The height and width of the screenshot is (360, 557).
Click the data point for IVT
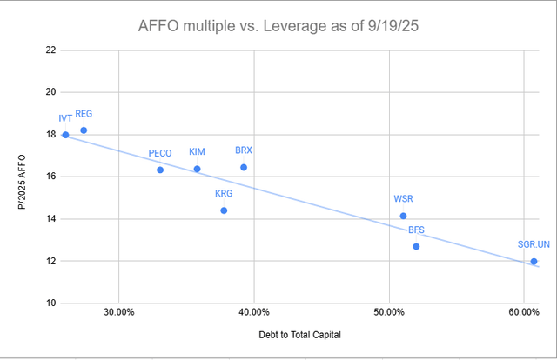click(x=65, y=135)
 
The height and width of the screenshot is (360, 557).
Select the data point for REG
click(x=84, y=130)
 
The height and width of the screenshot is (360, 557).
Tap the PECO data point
click(x=160, y=170)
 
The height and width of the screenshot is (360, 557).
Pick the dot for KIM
click(x=197, y=169)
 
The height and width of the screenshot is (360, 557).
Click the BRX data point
click(x=244, y=167)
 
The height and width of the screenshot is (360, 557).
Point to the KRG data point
click(x=224, y=210)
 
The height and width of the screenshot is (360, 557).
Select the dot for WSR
click(x=403, y=216)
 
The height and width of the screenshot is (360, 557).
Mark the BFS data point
click(x=416, y=246)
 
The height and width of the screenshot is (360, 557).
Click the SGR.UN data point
click(x=534, y=261)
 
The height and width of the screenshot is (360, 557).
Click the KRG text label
click(x=224, y=194)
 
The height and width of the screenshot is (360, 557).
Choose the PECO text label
click(x=160, y=153)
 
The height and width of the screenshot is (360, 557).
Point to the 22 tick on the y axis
click(x=50, y=50)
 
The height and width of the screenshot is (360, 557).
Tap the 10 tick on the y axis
click(x=50, y=303)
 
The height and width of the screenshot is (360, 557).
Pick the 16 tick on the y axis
click(x=50, y=177)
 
